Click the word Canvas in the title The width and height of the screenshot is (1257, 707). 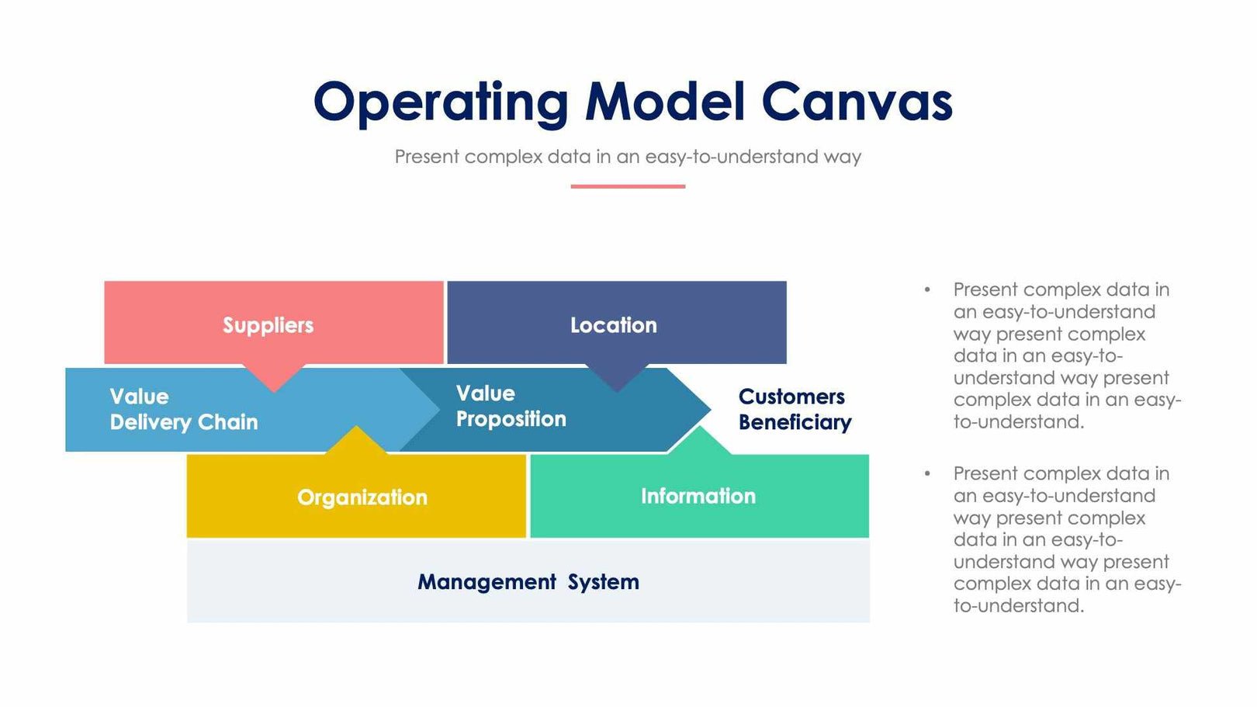[857, 102]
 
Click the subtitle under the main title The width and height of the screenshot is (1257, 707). [628, 157]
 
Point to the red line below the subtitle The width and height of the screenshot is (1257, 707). [628, 186]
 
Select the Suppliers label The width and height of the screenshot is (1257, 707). [268, 325]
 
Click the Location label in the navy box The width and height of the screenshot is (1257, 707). [614, 325]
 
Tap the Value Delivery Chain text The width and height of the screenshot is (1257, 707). [184, 410]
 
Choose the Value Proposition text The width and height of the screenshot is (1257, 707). [511, 407]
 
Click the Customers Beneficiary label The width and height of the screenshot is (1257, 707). [795, 410]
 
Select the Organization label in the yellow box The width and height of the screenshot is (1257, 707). [362, 497]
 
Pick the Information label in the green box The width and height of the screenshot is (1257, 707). [698, 497]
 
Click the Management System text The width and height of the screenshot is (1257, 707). [528, 582]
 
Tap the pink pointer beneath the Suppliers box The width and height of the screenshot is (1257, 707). [274, 376]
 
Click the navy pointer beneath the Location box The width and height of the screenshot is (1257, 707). [617, 376]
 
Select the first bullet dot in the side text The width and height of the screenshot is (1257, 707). [927, 289]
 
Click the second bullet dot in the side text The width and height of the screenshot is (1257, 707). [927, 473]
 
